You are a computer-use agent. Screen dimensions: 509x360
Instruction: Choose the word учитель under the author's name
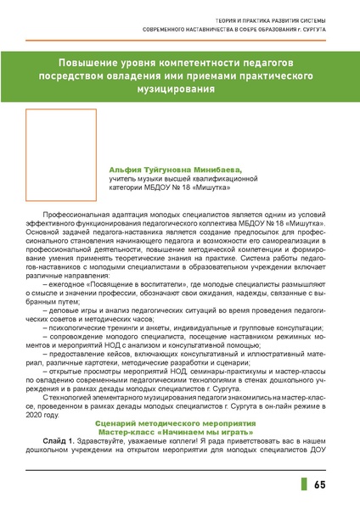click(123, 179)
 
